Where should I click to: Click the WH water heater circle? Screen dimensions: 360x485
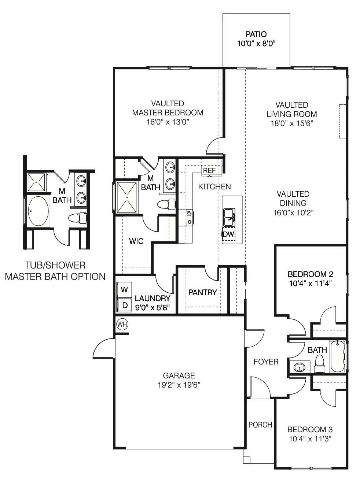click(122, 324)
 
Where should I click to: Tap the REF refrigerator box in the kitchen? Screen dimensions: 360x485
click(209, 170)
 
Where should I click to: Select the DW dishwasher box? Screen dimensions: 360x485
click(228, 234)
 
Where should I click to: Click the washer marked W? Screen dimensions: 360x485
click(124, 290)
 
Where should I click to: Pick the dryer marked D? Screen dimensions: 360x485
click(124, 305)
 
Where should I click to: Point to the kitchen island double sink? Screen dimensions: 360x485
click(229, 217)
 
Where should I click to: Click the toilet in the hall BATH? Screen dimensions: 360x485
click(320, 364)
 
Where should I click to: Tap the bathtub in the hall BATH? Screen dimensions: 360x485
click(337, 357)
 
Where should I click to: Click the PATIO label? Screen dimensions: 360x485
click(256, 34)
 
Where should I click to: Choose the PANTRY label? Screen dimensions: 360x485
click(202, 292)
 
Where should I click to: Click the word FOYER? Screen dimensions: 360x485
click(266, 362)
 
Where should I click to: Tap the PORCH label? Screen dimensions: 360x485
click(260, 425)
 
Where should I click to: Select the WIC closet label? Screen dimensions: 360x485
click(136, 241)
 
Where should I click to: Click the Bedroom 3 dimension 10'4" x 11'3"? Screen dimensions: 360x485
click(310, 439)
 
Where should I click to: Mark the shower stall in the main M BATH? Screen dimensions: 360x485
click(127, 197)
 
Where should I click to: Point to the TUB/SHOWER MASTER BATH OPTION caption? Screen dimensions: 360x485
click(55, 271)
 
